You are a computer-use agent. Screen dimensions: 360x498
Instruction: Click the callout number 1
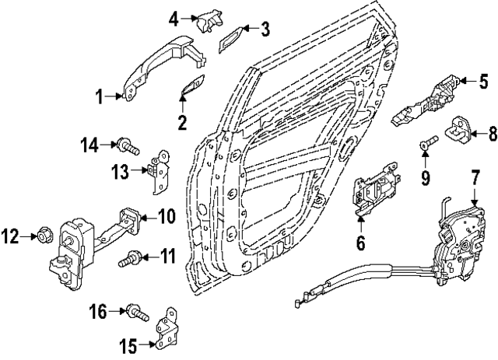[x=100, y=96]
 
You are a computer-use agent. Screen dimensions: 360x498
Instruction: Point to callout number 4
[x=174, y=16]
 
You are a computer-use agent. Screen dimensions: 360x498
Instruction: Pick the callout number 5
[x=482, y=79]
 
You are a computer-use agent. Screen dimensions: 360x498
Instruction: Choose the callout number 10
[x=167, y=215]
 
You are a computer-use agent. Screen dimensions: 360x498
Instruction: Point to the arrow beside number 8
[x=473, y=134]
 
